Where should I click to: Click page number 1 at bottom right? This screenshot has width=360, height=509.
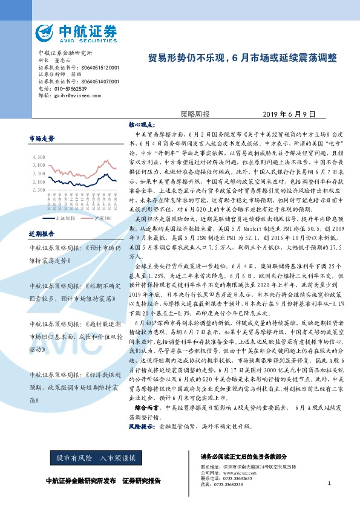click(329, 483)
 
